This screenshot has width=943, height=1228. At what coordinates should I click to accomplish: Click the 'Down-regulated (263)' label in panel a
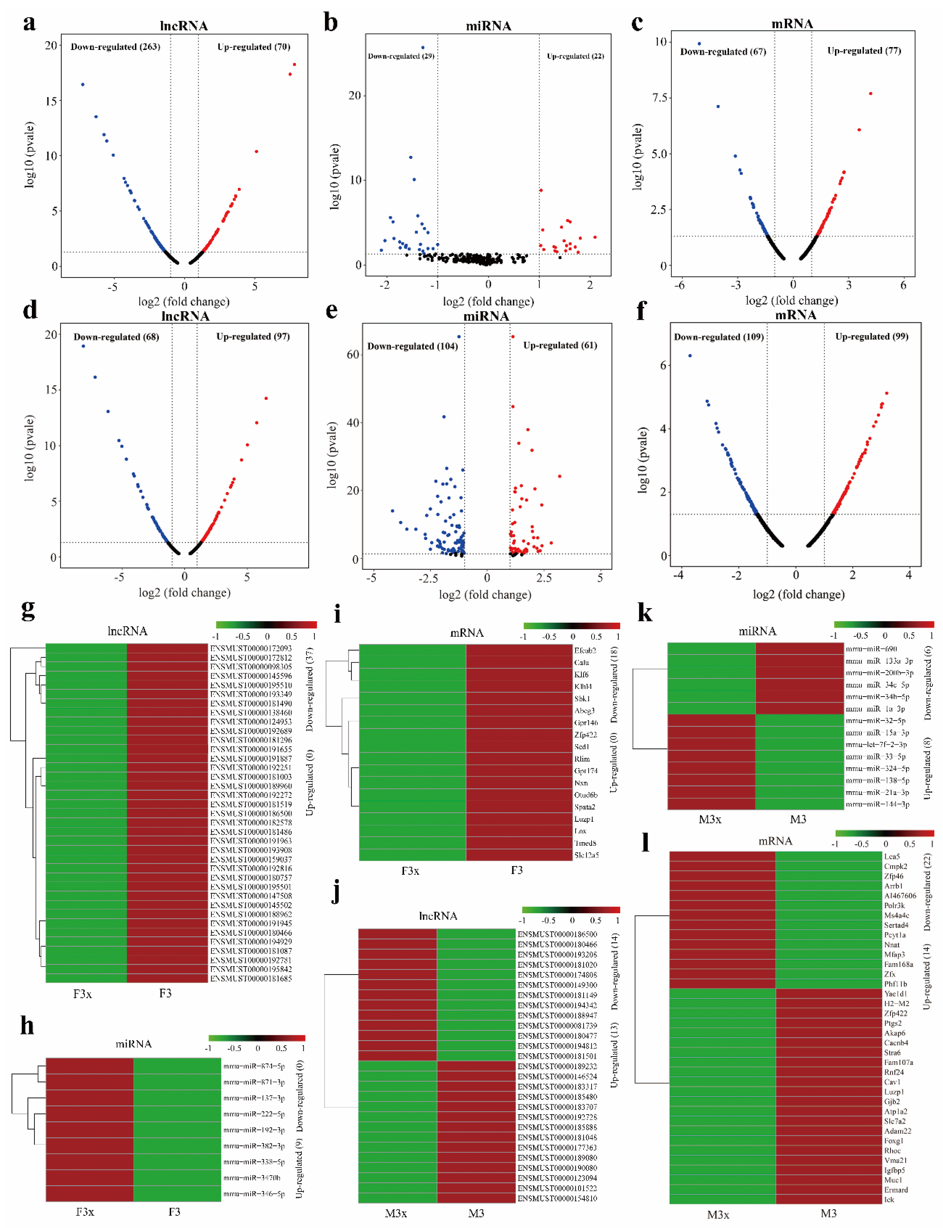coord(115,47)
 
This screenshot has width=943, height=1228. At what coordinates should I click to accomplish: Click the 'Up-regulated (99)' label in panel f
coord(871,336)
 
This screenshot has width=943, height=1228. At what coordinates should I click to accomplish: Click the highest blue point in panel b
coord(423,48)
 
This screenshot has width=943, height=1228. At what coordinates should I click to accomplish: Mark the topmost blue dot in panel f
coord(690,355)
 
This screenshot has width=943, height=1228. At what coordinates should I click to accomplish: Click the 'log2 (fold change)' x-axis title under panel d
coord(184,592)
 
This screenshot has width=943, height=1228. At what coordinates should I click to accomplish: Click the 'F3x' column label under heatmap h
coord(85,1212)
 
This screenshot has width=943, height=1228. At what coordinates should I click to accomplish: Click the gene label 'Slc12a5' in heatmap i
coord(586,855)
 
